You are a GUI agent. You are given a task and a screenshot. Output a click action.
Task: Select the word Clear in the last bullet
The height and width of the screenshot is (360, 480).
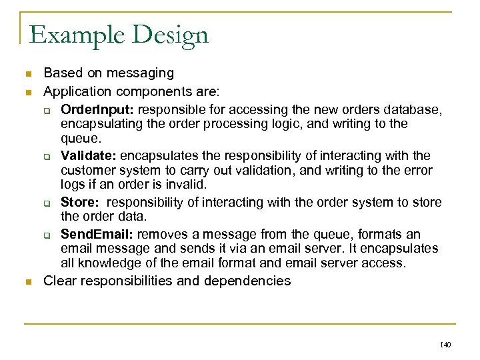coord(59,281)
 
